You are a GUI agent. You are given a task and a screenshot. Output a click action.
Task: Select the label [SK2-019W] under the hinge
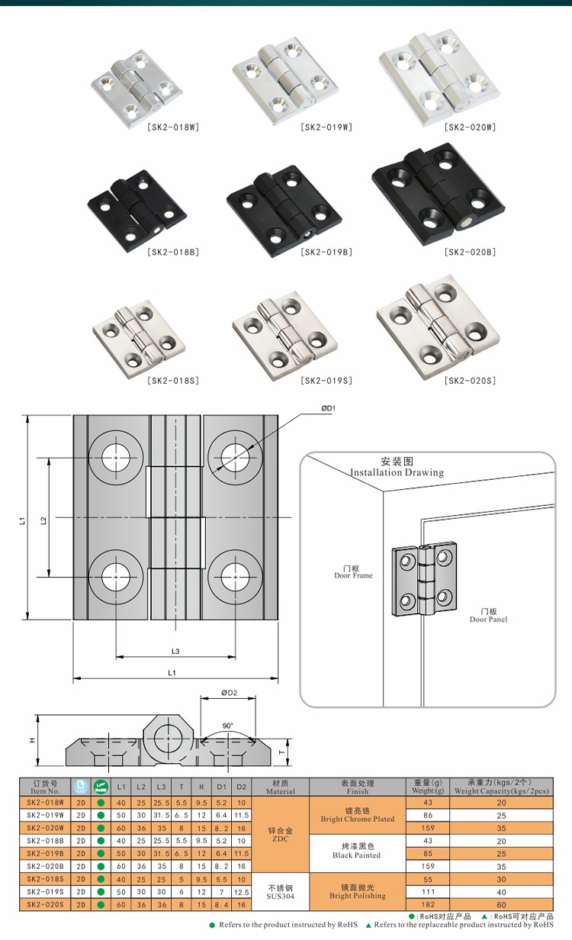tap(326, 127)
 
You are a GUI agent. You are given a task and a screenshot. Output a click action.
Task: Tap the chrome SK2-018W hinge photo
tap(137, 83)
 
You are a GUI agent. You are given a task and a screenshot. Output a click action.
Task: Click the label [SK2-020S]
tap(471, 381)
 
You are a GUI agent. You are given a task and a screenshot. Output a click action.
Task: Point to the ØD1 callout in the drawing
tap(328, 409)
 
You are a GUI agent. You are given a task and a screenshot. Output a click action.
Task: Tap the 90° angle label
tap(228, 726)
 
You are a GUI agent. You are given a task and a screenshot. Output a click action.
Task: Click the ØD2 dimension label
tap(230, 693)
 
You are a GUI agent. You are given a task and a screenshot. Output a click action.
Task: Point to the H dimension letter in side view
tap(32, 740)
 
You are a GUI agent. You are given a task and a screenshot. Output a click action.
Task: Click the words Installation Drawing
tap(397, 472)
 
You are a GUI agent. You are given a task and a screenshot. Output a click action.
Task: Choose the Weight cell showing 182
tap(427, 904)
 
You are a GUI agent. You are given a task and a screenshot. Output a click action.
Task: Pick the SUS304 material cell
tap(280, 891)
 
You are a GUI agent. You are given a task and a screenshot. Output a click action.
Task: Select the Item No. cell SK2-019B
tap(45, 853)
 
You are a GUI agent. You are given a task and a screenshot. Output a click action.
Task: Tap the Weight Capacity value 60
tap(501, 904)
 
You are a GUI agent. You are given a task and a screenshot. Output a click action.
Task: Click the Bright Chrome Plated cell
tap(357, 815)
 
